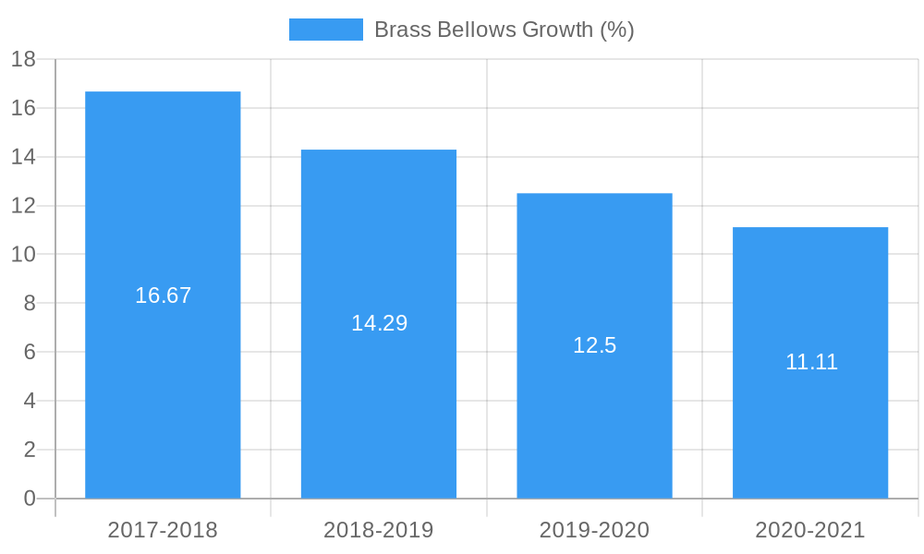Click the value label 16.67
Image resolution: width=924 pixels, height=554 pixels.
pos(163,295)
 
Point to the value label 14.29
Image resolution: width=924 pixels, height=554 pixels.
pos(379,323)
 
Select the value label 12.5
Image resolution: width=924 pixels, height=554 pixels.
pos(594,345)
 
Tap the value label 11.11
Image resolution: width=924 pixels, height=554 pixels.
pos(811,362)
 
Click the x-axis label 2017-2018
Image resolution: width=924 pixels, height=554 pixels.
pos(163,530)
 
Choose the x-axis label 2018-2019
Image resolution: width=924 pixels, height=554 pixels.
pos(379,530)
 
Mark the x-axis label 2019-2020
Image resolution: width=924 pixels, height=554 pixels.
pos(594,530)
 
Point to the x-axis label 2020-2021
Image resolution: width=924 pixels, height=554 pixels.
pos(810,530)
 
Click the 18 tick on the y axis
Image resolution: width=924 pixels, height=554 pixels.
pos(23,59)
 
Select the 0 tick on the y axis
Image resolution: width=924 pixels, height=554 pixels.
pos(29,499)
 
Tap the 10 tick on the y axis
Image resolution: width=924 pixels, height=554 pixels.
pos(23,255)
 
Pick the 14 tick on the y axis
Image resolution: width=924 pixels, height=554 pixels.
pos(23,157)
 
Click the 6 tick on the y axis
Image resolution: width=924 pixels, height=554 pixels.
pos(29,352)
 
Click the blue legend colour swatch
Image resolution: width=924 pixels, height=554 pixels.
pos(325,30)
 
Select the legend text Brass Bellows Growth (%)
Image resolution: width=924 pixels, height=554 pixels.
pos(504,30)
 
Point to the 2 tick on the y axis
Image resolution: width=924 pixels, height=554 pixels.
pos(29,450)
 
